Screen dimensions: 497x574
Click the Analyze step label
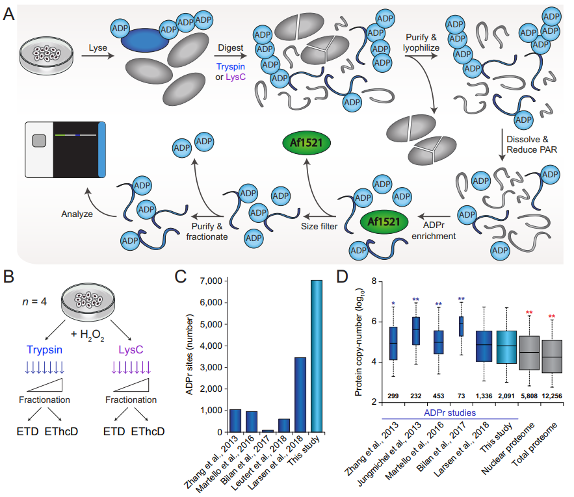(79, 212)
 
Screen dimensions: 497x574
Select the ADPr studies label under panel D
(449, 413)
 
